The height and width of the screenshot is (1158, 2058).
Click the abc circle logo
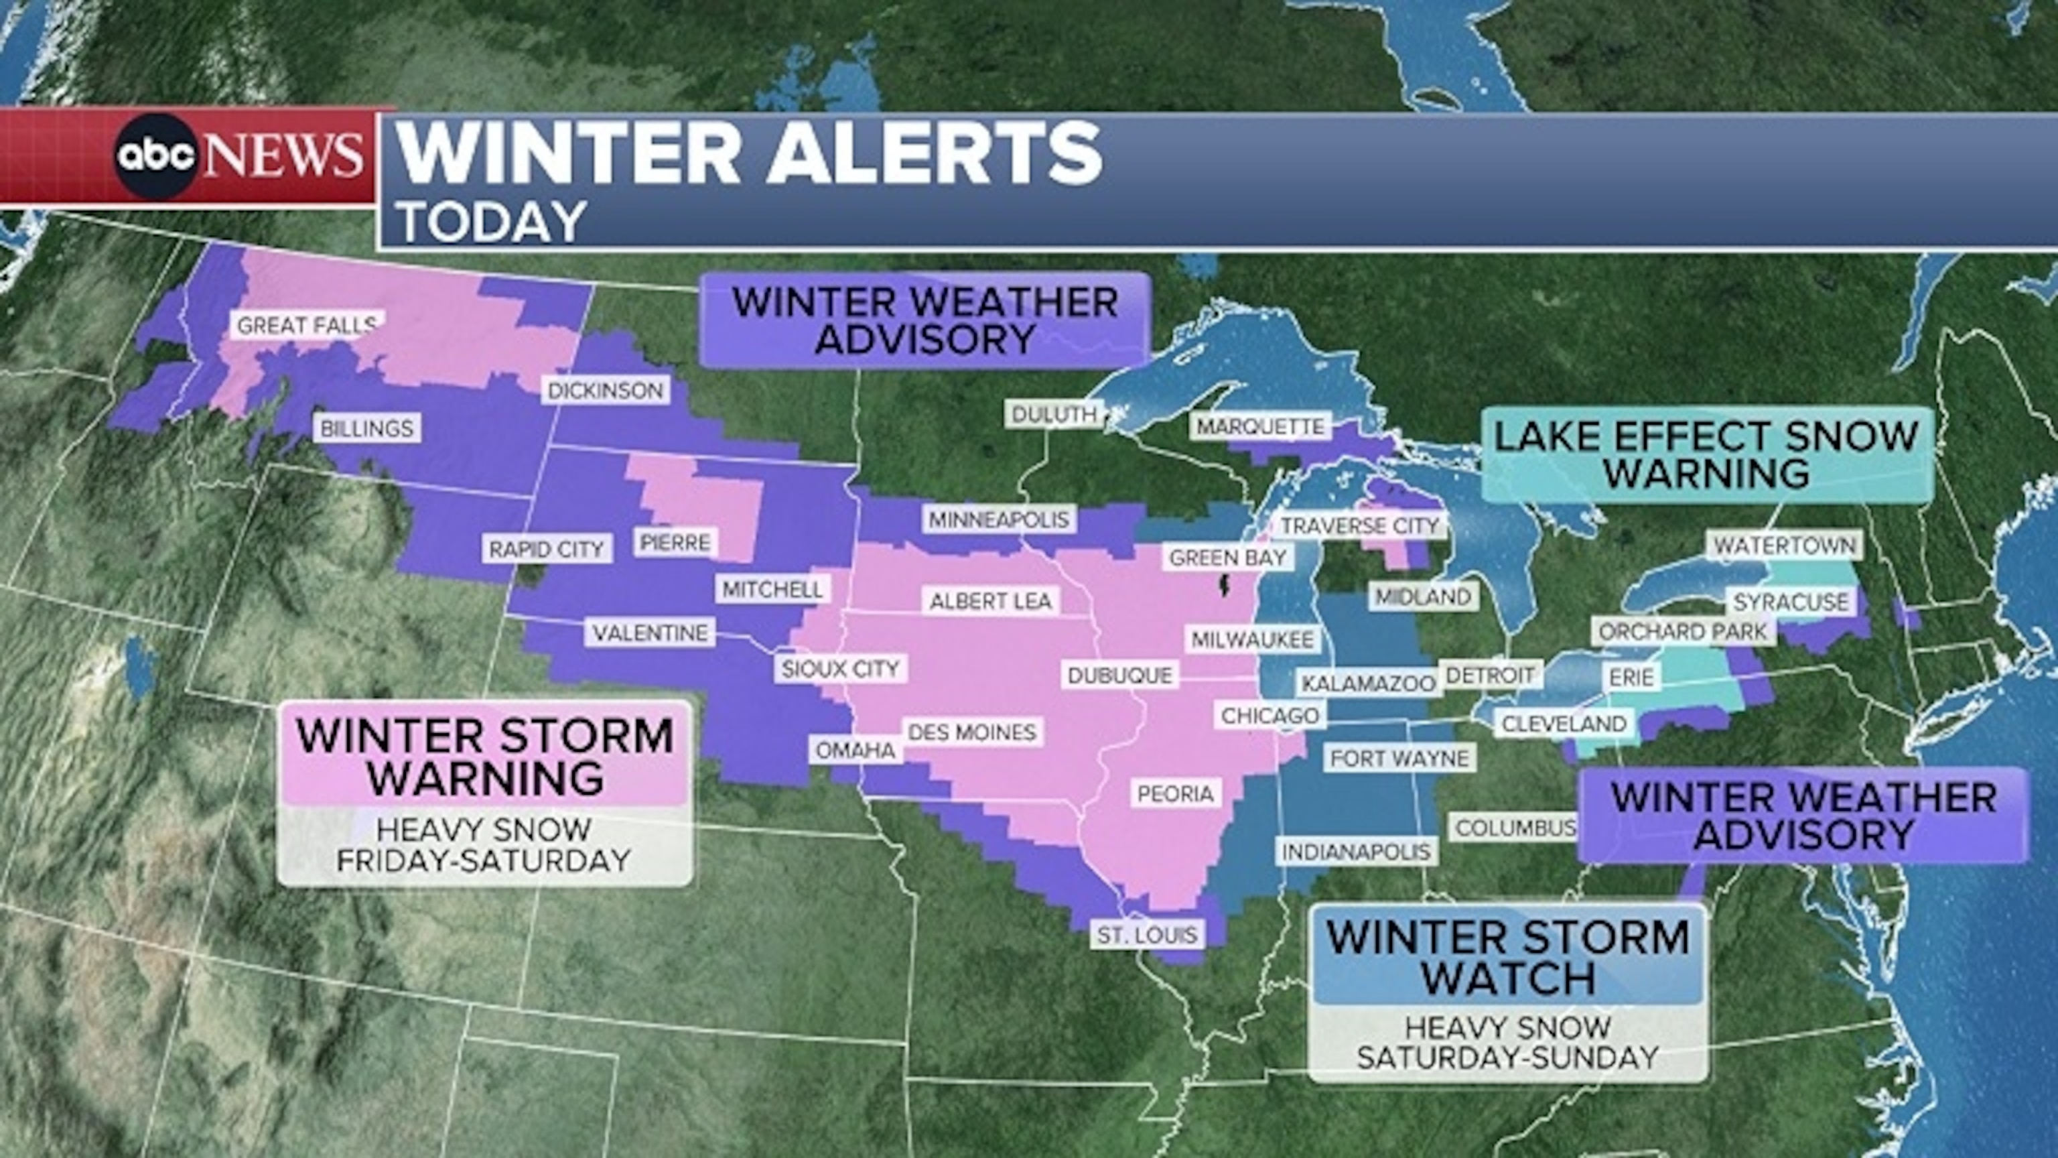tap(157, 155)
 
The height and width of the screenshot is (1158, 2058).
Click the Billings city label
tap(366, 428)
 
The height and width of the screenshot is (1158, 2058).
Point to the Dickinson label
tap(606, 390)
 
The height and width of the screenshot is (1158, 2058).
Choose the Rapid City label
tap(547, 549)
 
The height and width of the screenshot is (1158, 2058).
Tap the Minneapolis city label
tap(999, 519)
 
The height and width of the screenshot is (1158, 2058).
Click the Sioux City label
tap(841, 668)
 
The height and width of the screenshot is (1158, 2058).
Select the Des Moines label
tap(972, 731)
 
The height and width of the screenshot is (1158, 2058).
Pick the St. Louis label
tap(1147, 934)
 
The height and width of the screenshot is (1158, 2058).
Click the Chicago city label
tap(1270, 714)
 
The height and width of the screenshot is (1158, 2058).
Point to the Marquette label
tap(1260, 426)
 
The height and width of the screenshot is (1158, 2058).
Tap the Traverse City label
tap(1360, 525)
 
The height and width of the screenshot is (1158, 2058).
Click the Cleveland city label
tap(1564, 723)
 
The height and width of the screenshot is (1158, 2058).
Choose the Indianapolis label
tap(1356, 851)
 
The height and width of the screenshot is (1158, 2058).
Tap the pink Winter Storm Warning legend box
tap(485, 755)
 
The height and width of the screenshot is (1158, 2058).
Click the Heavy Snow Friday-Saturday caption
tap(484, 846)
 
